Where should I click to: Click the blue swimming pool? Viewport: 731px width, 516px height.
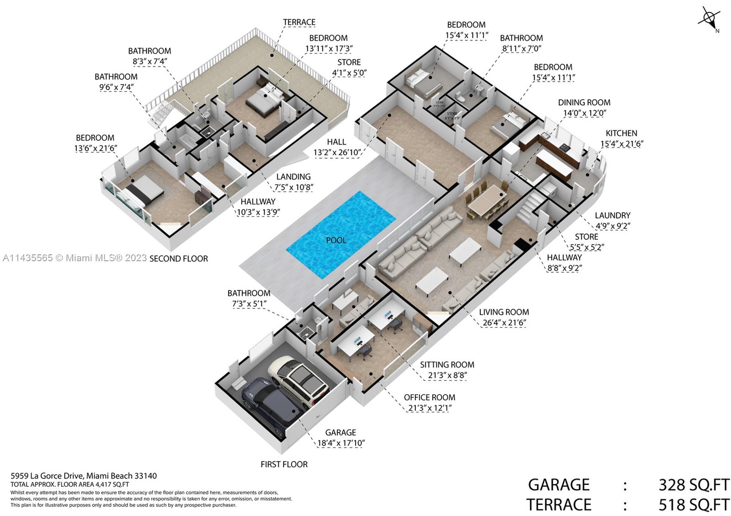coord(340,234)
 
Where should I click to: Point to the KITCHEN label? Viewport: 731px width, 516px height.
coord(621,133)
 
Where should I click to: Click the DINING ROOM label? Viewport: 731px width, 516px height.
coord(584,103)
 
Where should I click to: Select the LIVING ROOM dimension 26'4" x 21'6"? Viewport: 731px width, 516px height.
coord(504,323)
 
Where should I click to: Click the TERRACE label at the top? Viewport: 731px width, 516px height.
coord(299,22)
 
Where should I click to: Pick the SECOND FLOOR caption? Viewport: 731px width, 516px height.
coord(179,258)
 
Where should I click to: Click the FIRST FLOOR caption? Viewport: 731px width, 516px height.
coord(284,464)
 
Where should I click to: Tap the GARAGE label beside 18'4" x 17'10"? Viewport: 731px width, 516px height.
coord(340,432)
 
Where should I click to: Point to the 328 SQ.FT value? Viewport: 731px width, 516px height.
coord(694,484)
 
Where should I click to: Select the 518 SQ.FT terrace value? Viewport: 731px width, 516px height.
coord(694,505)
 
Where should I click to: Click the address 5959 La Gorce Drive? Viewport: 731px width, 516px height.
coord(84,476)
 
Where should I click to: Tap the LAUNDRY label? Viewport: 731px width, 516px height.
coord(612,216)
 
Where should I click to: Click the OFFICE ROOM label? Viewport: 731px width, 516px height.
coord(429,398)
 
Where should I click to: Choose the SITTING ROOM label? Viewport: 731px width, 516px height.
coord(446,365)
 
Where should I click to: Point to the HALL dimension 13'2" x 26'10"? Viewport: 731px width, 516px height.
coord(337,153)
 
